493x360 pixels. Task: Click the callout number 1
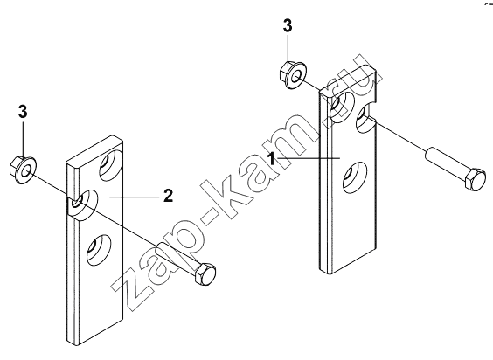[x=272, y=158]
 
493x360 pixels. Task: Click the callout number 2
[x=168, y=197]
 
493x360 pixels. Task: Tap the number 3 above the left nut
[x=23, y=112]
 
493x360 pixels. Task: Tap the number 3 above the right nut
[x=288, y=26]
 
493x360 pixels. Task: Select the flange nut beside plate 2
[x=23, y=170]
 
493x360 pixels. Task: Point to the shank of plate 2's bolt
[x=177, y=255]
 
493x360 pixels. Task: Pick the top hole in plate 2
[x=111, y=165]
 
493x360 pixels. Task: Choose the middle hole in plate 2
[x=83, y=204]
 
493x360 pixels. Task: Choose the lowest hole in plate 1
[x=355, y=177]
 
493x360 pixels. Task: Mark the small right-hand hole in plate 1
[x=365, y=118]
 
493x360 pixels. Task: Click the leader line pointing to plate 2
[x=134, y=197]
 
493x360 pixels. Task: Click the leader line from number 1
[x=308, y=158]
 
